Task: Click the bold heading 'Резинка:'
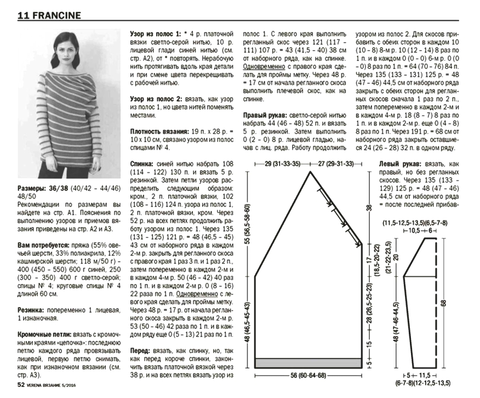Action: tap(33, 310)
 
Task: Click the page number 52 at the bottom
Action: tap(21, 385)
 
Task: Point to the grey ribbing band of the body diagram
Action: tap(308, 362)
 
